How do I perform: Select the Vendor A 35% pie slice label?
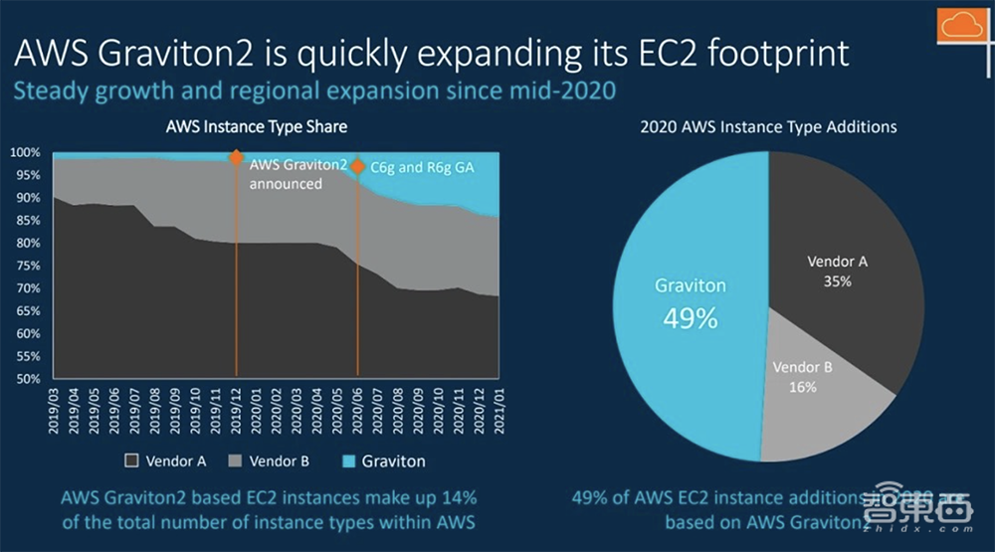click(837, 272)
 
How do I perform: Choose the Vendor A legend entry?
click(167, 461)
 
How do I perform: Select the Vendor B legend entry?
click(271, 461)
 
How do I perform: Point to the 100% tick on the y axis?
click(25, 153)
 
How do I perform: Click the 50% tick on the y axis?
click(27, 379)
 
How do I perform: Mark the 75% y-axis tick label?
click(27, 266)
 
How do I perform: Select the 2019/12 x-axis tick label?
click(235, 408)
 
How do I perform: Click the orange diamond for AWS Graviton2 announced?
click(236, 157)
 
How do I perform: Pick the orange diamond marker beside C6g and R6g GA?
click(357, 166)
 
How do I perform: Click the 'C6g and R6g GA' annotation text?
click(422, 168)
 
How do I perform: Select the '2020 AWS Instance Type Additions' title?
click(768, 127)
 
